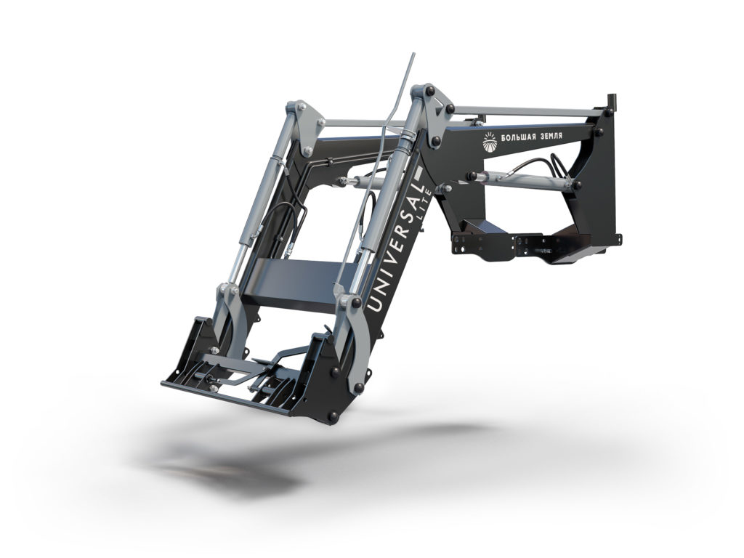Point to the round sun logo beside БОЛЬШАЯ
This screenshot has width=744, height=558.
click(490, 142)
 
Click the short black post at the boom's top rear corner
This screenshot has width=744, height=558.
click(613, 100)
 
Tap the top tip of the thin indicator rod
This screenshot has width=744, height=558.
click(413, 54)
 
